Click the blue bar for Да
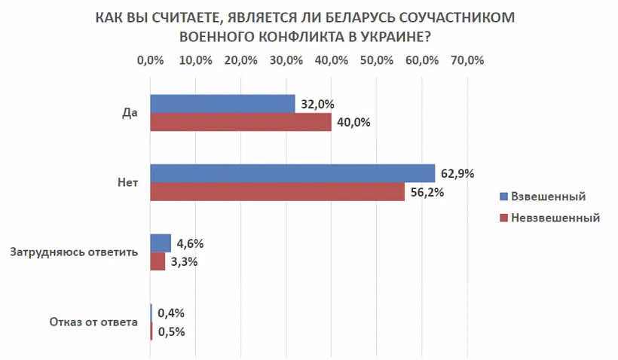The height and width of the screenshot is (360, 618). tap(222, 104)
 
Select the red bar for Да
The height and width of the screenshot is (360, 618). tap(240, 123)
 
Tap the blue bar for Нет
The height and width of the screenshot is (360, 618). tap(292, 173)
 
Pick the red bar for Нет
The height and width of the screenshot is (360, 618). tap(277, 192)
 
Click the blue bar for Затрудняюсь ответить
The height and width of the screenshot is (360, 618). tap(161, 243)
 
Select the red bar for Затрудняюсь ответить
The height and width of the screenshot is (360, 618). tap(158, 261)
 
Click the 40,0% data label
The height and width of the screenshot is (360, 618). tap(353, 123)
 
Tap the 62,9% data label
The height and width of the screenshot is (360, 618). tap(457, 174)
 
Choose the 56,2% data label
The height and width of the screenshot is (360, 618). tap(427, 192)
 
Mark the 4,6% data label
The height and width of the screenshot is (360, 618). tap(190, 243)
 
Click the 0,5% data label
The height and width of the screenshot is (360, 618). tap(171, 331)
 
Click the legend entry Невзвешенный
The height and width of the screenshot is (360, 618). tap(555, 218)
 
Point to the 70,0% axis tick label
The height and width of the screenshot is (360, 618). tap(467, 61)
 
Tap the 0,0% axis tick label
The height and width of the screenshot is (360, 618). tap(151, 61)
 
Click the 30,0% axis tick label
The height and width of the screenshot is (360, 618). tap(286, 61)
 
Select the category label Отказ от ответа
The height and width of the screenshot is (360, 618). tap(93, 322)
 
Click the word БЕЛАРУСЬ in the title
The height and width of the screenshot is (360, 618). tap(364, 17)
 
